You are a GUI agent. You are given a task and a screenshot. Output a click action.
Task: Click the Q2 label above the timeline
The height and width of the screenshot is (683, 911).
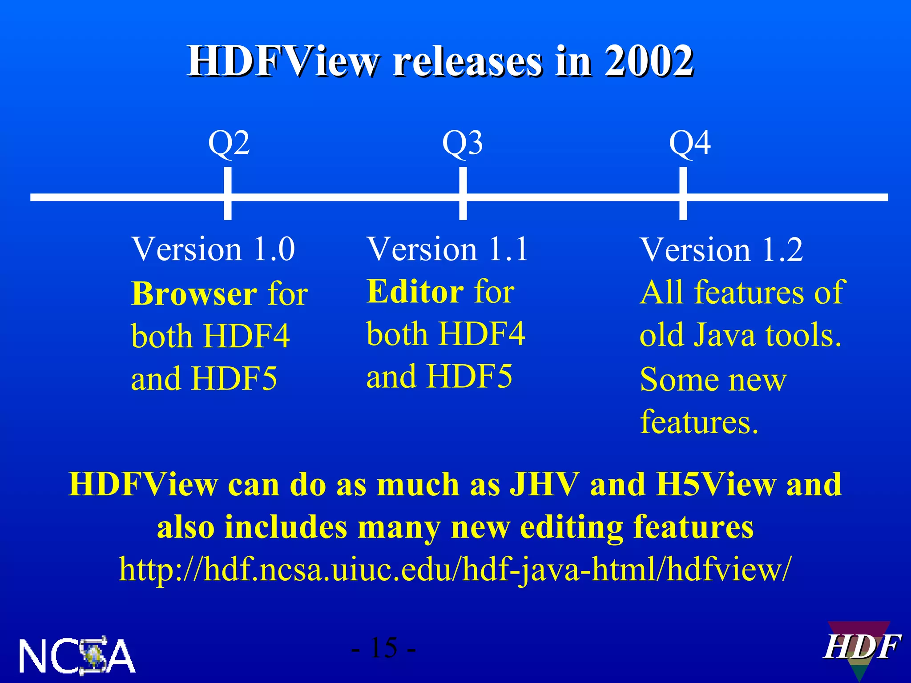coord(229,143)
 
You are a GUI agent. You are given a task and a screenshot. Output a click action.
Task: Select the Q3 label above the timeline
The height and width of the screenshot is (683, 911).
coord(462,143)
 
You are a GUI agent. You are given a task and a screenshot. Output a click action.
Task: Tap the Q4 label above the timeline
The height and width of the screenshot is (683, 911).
coord(689,143)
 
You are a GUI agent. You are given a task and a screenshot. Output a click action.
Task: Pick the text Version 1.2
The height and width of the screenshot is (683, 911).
coord(721,250)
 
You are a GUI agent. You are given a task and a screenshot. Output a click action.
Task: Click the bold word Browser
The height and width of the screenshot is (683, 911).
coord(194,294)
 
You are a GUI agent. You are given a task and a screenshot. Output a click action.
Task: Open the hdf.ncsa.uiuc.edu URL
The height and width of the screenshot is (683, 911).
coord(455,569)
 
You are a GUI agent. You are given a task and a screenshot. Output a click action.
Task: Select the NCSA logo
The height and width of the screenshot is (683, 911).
coord(77,655)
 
